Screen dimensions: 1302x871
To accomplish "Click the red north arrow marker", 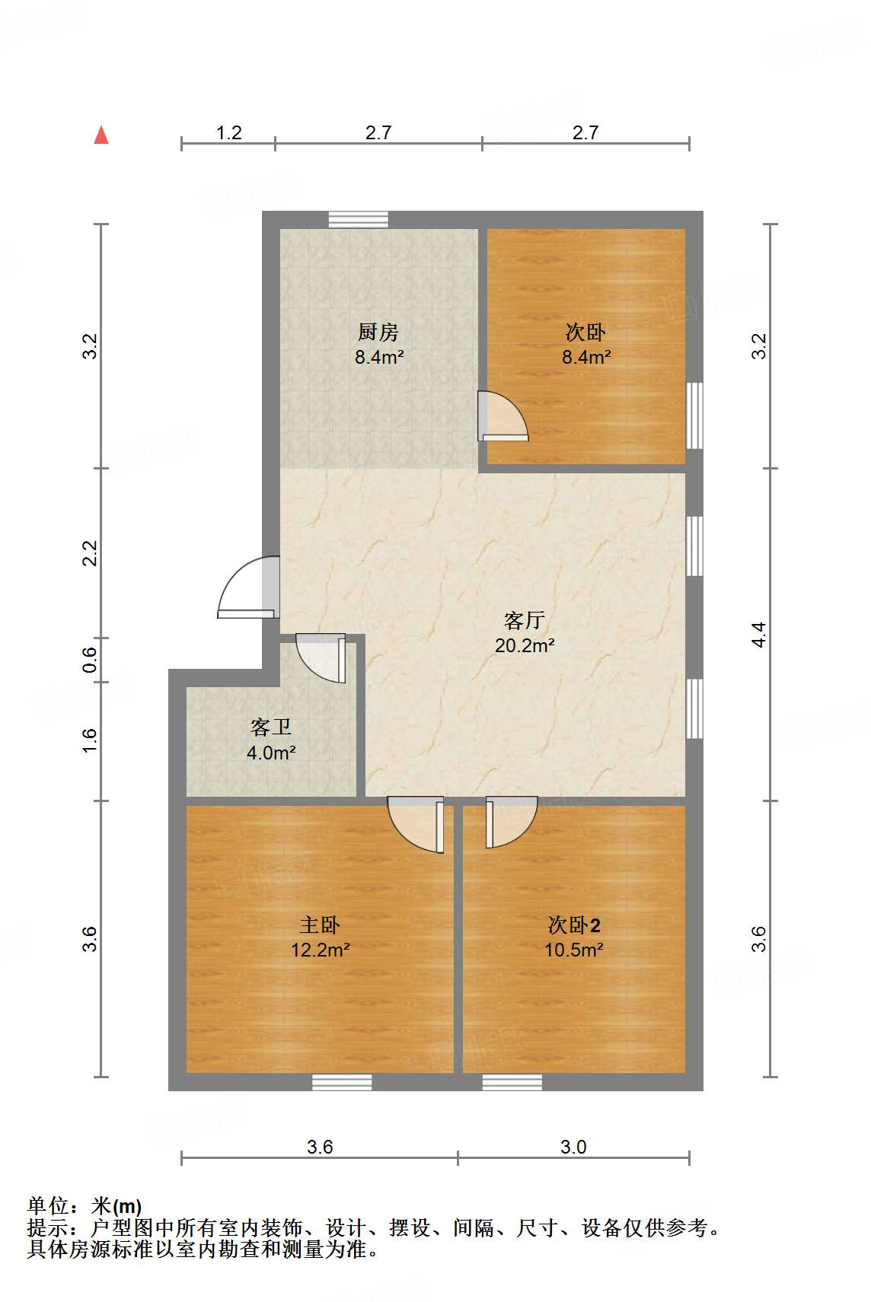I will pos(101,135).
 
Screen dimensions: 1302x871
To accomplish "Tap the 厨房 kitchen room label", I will pos(378,333).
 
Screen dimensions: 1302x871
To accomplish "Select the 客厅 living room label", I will pos(525,621).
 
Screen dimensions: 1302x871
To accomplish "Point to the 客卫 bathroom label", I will pos(271,727).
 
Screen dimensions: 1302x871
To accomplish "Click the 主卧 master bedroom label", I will pos(320,925).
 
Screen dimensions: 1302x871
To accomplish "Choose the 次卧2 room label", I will pos(574,925).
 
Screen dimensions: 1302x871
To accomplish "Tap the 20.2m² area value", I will pos(525,645).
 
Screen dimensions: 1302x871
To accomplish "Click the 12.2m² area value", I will pos(320,950).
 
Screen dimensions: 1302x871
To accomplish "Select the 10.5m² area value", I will pos(574,950).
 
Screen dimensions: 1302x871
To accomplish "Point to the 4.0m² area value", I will pos(271,753).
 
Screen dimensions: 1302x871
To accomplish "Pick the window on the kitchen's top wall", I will pos(358,220).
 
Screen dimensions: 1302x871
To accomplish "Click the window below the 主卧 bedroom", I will pos(342,1082).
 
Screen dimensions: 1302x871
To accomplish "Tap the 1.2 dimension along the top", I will pos(228,133).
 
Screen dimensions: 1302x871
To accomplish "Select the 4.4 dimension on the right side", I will pos(758,635).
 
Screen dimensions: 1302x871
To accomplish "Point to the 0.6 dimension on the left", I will pos(90,659).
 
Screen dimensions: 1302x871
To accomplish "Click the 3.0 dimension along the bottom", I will pos(573,1147).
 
